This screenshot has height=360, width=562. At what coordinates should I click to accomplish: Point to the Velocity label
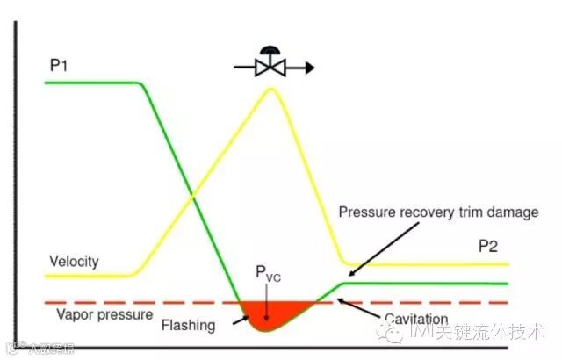(74, 262)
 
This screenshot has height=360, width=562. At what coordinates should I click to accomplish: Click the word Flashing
(188, 325)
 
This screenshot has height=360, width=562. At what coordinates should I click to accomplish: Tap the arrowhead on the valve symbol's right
(308, 67)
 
